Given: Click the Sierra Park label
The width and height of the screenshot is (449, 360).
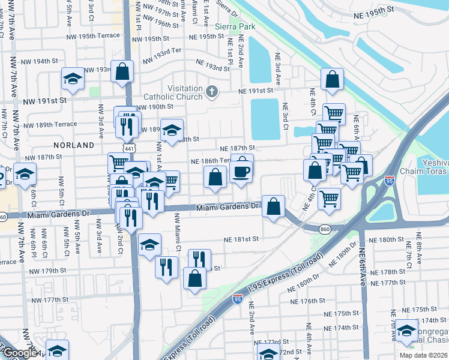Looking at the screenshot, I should pyautogui.click(x=235, y=26).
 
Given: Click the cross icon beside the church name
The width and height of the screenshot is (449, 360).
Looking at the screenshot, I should pyautogui.click(x=211, y=92).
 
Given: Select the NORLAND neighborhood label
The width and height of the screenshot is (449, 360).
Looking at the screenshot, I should pyautogui.click(x=74, y=145).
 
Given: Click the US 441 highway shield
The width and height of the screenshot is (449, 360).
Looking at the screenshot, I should pyautogui.click(x=129, y=148).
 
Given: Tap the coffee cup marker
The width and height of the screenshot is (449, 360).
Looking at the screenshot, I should pyautogui.click(x=241, y=172).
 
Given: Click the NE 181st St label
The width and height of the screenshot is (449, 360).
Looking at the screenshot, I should pyautogui.click(x=241, y=238).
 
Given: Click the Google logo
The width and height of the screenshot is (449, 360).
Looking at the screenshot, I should pyautogui.click(x=19, y=353).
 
